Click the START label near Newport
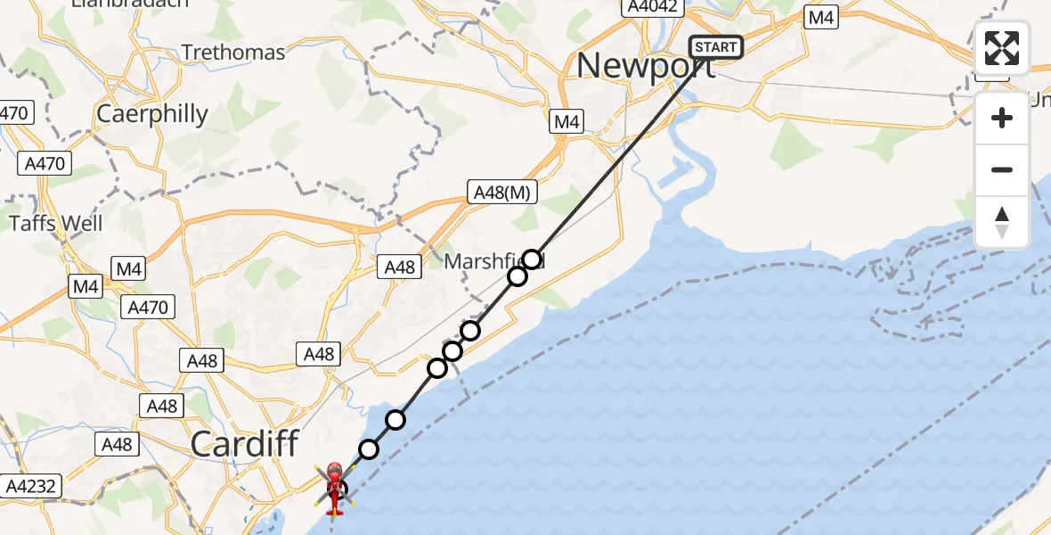click(x=716, y=47)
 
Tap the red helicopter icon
click(x=334, y=488)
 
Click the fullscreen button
click(x=1002, y=48)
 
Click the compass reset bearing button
click(x=1002, y=222)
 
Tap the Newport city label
click(x=646, y=66)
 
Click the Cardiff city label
click(x=244, y=444)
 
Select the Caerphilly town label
click(x=151, y=114)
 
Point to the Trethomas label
click(x=233, y=53)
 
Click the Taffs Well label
click(x=55, y=223)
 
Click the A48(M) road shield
click(x=503, y=191)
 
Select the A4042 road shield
click(x=653, y=7)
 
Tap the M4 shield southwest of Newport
click(x=566, y=121)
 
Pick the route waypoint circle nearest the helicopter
click(x=369, y=449)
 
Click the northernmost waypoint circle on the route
click(x=532, y=259)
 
